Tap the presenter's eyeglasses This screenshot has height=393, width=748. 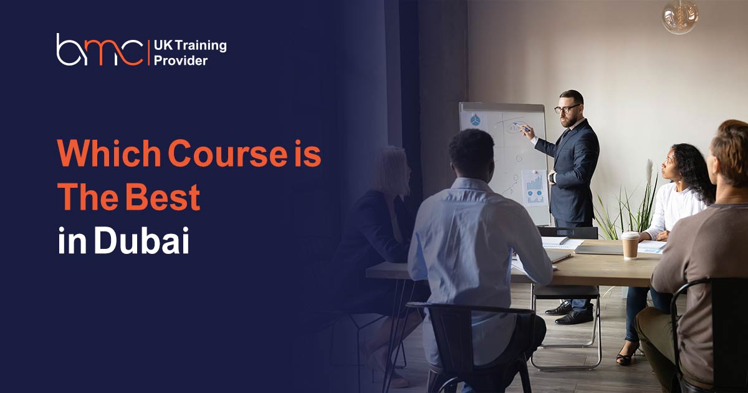pyautogui.click(x=567, y=109)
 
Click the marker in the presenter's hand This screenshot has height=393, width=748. pyautogui.click(x=520, y=127)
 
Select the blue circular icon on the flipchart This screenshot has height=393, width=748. pyautogui.click(x=475, y=120)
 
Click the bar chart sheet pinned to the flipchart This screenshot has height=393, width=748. pyautogui.click(x=534, y=188)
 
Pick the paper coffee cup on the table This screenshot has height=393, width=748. pyautogui.click(x=630, y=245)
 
